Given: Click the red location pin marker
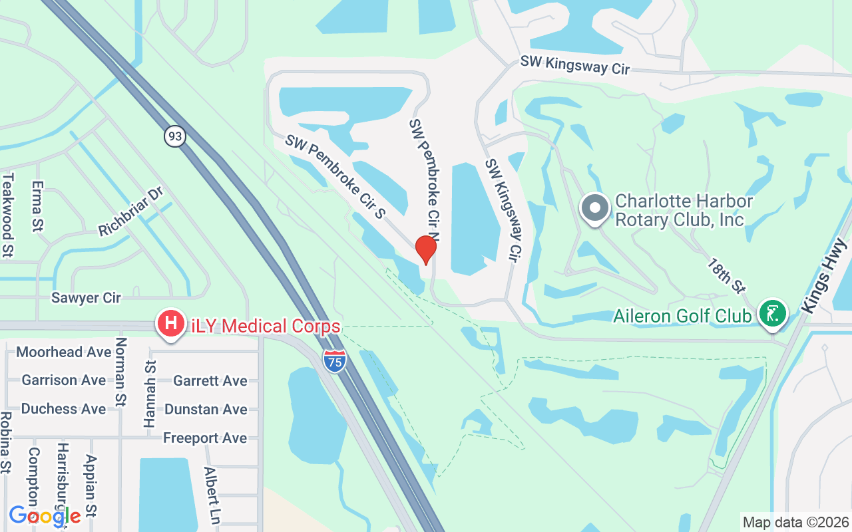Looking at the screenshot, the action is click(425, 250).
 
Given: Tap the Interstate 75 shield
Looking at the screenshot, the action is click(334, 360).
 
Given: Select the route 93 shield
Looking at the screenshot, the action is click(174, 136).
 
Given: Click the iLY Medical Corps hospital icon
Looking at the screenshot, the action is click(170, 325).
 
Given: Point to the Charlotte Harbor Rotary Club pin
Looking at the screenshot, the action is click(595, 208).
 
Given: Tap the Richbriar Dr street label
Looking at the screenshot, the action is click(130, 212).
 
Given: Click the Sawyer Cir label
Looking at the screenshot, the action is click(87, 298).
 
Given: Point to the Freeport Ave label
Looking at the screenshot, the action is click(205, 438).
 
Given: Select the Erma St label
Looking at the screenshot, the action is click(37, 206).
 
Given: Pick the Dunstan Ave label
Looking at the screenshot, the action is click(206, 409).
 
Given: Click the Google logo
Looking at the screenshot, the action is click(45, 515).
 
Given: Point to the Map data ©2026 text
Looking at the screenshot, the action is click(796, 522).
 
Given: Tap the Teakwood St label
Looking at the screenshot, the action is click(8, 214).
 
